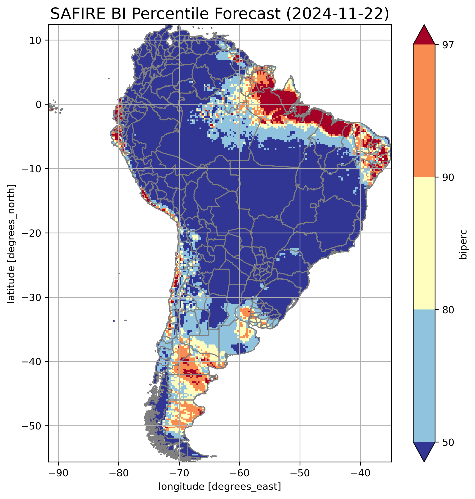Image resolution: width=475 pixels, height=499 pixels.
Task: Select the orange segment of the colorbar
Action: tap(424, 111)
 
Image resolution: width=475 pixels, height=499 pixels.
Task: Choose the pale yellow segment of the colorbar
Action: tap(424, 243)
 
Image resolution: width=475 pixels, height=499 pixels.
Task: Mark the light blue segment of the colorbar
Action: tap(424, 376)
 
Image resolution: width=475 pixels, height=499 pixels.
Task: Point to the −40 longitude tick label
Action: tap(360, 473)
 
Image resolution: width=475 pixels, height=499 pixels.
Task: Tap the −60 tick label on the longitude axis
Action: tap(239, 473)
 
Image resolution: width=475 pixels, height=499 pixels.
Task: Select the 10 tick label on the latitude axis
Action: tap(36, 40)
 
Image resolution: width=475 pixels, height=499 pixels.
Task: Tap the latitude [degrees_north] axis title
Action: tap(11, 243)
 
